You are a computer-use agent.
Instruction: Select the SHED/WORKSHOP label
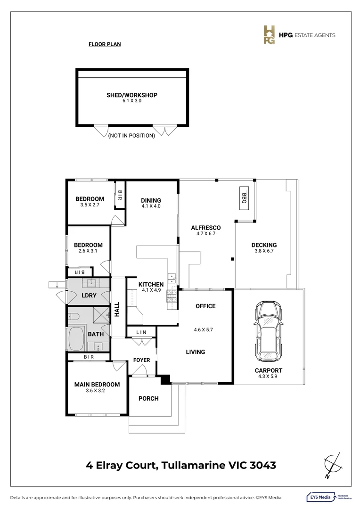[x=131, y=95]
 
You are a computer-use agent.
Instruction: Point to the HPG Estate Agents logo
[x=299, y=35]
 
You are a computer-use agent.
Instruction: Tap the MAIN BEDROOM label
[x=97, y=385]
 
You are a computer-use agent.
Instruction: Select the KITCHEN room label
[x=151, y=285]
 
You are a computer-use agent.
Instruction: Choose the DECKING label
[x=264, y=245]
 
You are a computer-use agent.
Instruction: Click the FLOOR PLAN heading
[x=105, y=45]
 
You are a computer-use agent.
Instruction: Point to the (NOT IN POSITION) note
[x=131, y=136]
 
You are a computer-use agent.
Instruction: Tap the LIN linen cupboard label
[x=141, y=333]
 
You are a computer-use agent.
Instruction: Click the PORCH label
[x=148, y=399]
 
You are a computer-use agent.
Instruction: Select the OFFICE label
[x=205, y=306]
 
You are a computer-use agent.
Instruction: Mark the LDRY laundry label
[x=89, y=296]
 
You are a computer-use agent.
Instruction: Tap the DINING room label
[x=151, y=200]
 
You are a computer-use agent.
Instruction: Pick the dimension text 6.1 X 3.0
[x=131, y=101]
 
